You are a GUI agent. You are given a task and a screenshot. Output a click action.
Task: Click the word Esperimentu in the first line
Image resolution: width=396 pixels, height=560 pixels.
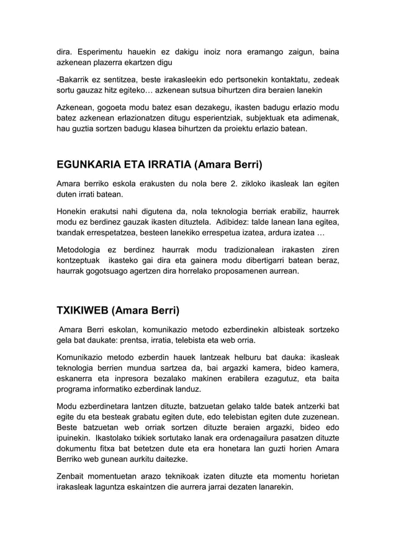(106, 50)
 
